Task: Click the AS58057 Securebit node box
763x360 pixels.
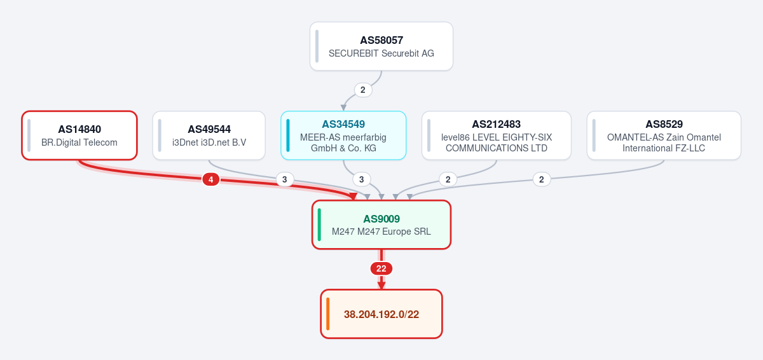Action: pyautogui.click(x=381, y=46)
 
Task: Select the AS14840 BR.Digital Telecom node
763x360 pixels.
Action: pyautogui.click(x=79, y=135)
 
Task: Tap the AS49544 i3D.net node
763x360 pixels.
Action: pyautogui.click(x=209, y=135)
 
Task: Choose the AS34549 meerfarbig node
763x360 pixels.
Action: pyautogui.click(x=343, y=135)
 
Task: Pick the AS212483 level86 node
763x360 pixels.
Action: pyautogui.click(x=497, y=135)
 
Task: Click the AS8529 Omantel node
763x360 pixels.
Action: pyautogui.click(x=664, y=135)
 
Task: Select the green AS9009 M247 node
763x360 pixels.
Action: pyautogui.click(x=381, y=225)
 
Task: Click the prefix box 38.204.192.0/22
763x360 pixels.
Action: pyautogui.click(x=381, y=314)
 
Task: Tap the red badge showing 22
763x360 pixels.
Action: pyautogui.click(x=381, y=268)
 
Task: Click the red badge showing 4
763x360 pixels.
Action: pyautogui.click(x=211, y=179)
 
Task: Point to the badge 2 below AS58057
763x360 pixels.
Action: pyautogui.click(x=363, y=90)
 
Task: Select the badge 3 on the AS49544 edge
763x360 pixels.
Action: pyautogui.click(x=284, y=179)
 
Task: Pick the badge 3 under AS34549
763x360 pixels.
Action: pyautogui.click(x=361, y=179)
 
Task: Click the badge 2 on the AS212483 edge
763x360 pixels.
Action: pyautogui.click(x=448, y=179)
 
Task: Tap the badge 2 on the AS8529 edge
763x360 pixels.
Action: pyautogui.click(x=541, y=179)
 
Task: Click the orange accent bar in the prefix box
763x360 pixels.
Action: pyautogui.click(x=327, y=314)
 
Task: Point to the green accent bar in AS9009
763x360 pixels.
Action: pyautogui.click(x=319, y=225)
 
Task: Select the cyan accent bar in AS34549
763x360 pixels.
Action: pyautogui.click(x=288, y=135)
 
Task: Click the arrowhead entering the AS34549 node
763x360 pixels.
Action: pyautogui.click(x=344, y=107)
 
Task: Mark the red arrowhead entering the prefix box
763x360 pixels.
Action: pyautogui.click(x=381, y=286)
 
